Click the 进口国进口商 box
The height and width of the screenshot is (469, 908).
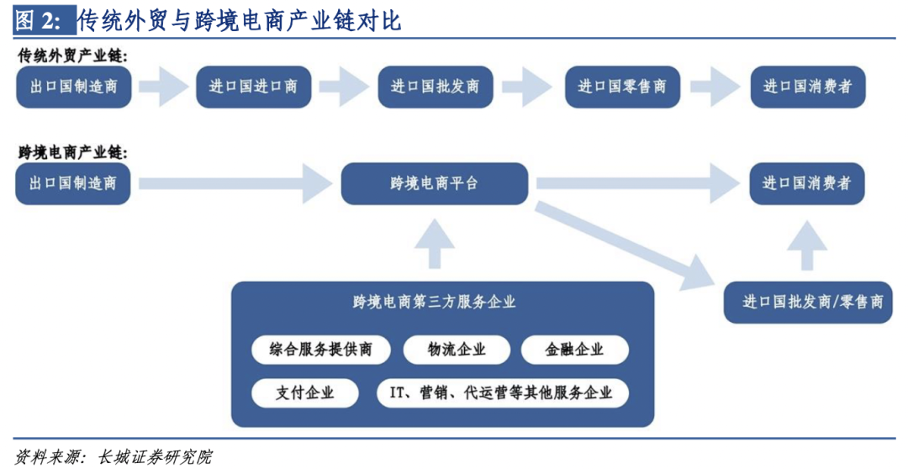pyautogui.click(x=253, y=87)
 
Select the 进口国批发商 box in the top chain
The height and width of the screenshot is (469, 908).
pyautogui.click(x=435, y=87)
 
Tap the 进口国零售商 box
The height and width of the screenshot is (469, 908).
pyautogui.click(x=622, y=87)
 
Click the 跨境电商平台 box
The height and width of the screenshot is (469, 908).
pyautogui.click(x=435, y=183)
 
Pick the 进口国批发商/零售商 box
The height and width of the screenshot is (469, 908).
pyautogui.click(x=813, y=303)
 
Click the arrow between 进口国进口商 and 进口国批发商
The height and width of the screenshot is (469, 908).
pyautogui.click(x=345, y=87)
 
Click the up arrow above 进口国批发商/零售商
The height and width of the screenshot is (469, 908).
pyautogui.click(x=813, y=244)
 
